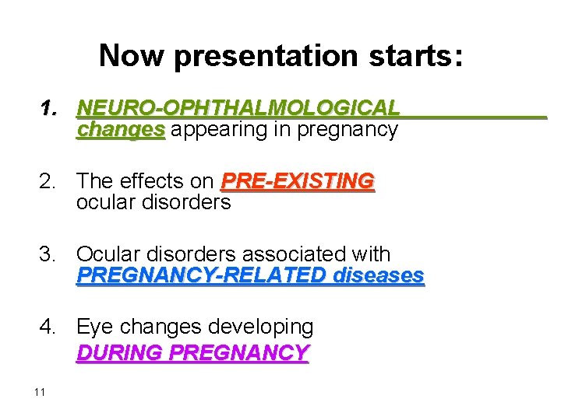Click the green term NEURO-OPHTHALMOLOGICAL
click(238, 108)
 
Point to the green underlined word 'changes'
click(121, 129)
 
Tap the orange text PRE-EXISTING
click(298, 182)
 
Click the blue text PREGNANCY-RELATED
click(202, 275)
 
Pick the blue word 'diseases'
click(378, 275)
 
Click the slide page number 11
click(40, 391)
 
